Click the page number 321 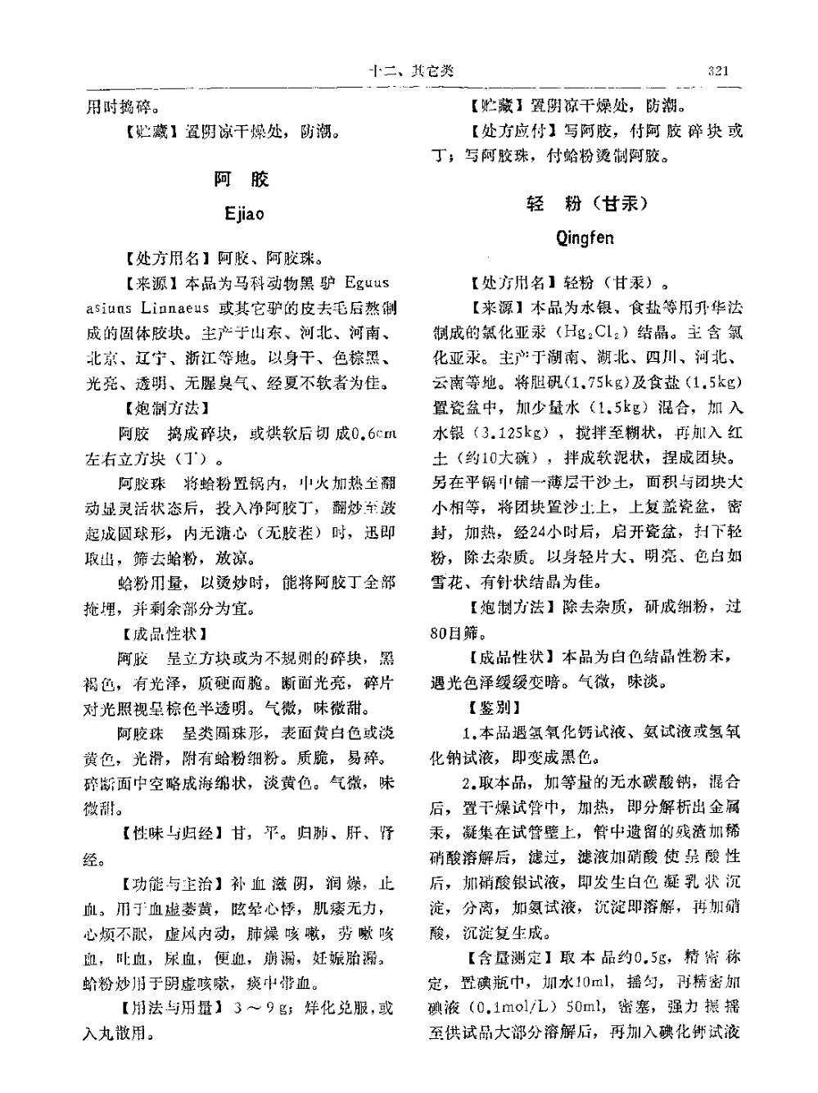(717, 70)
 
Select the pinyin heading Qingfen (584, 238)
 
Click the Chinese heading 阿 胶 (241, 179)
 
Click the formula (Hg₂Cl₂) (590, 333)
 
